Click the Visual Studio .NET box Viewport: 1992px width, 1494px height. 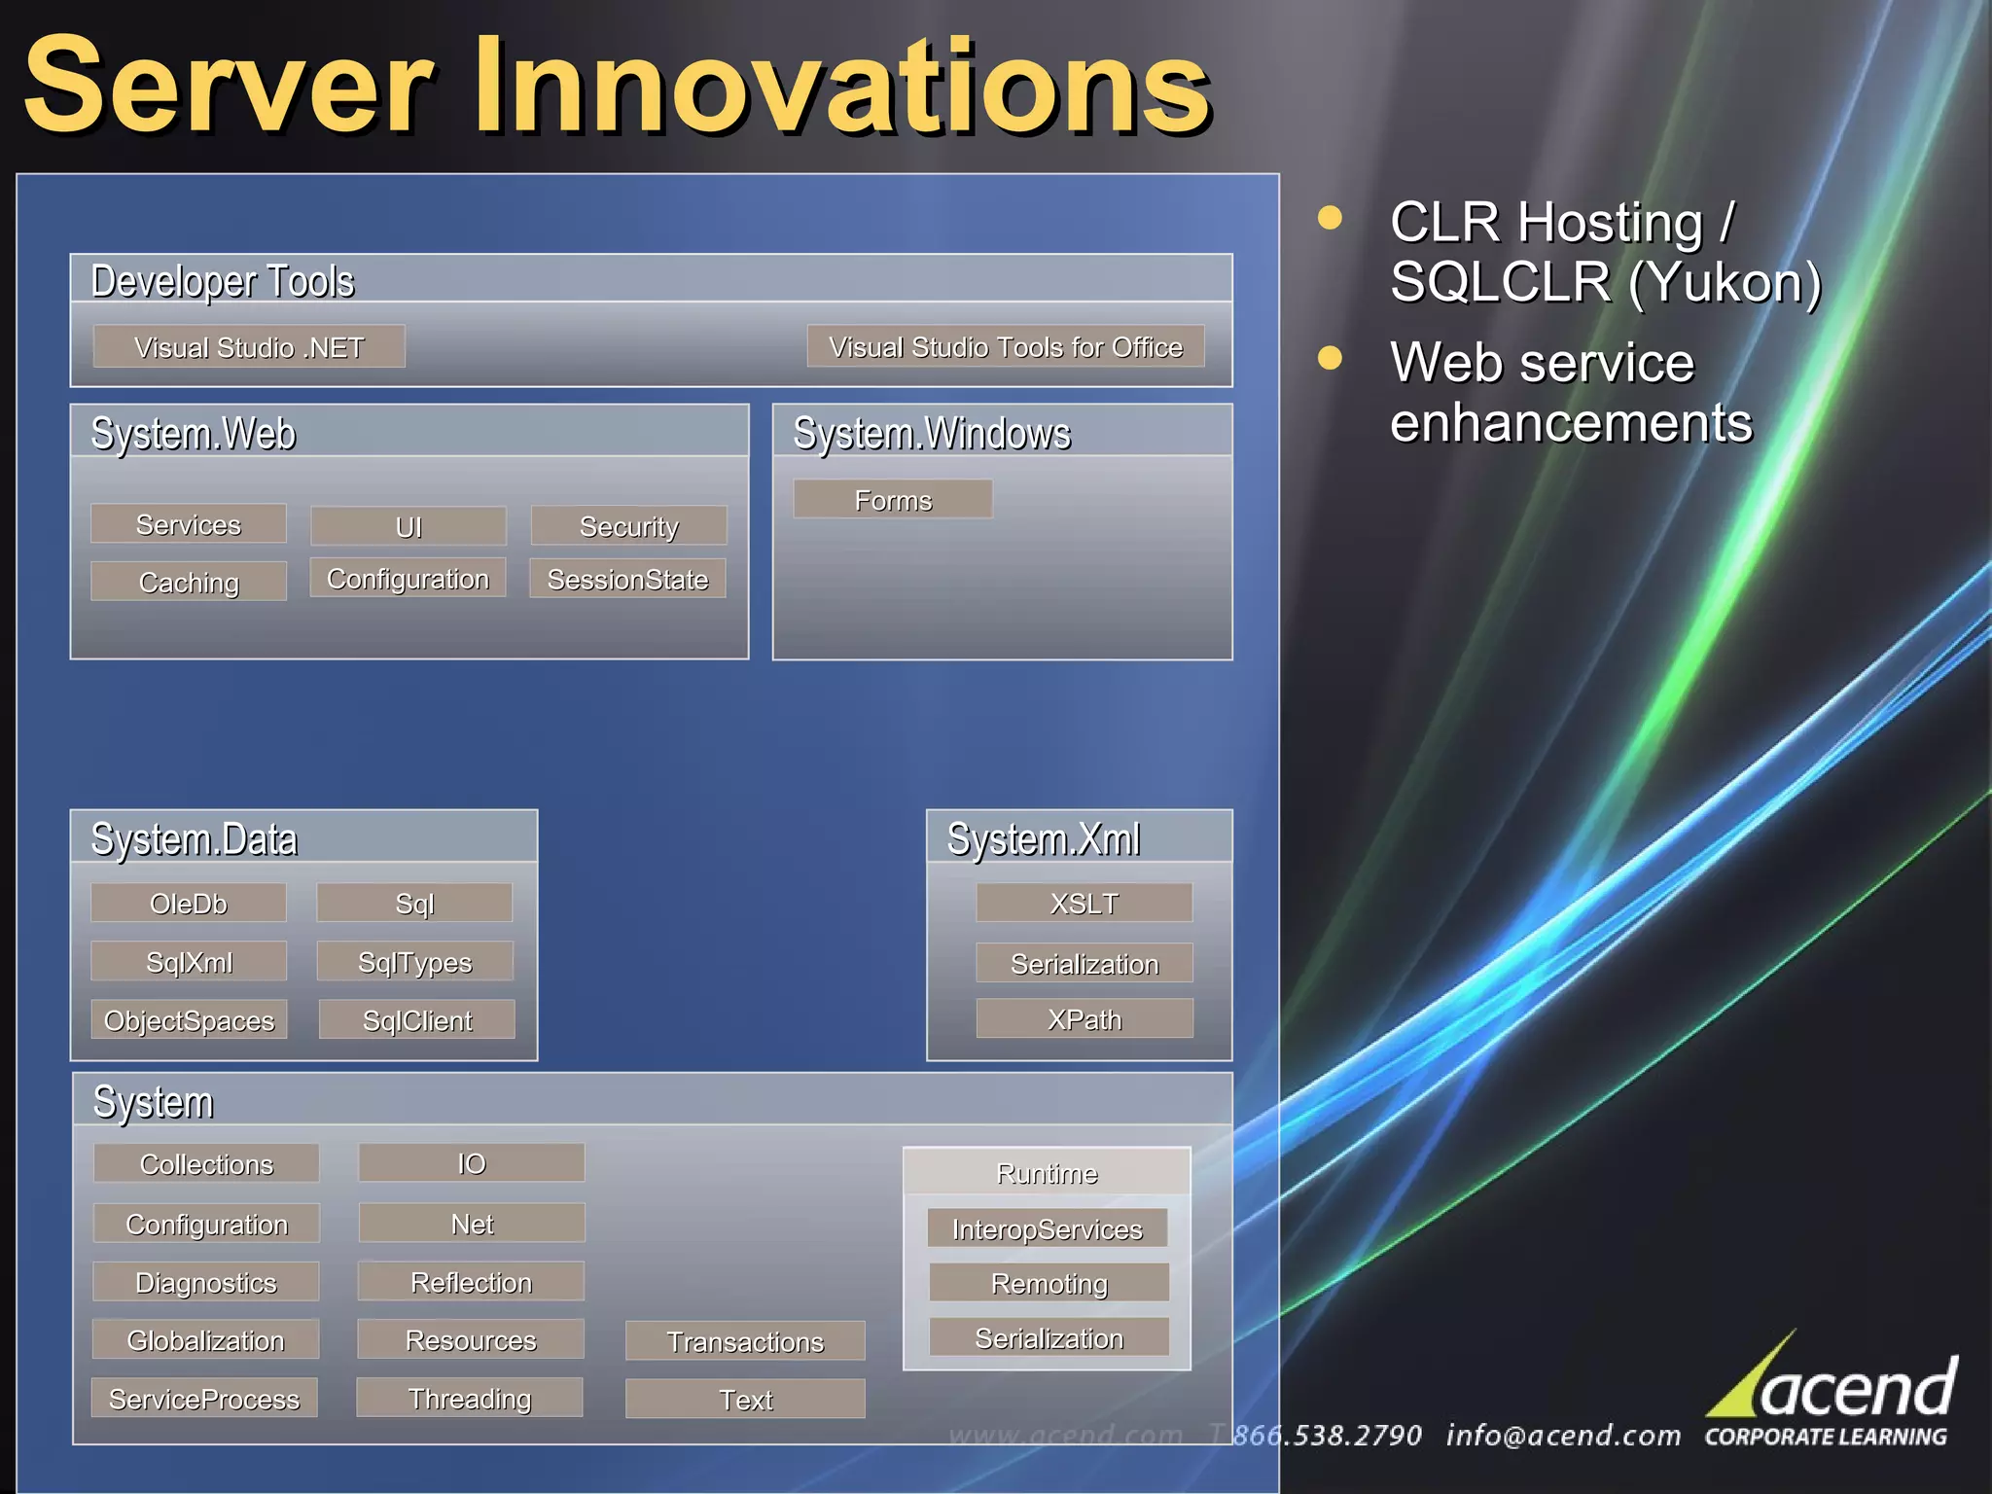(x=249, y=346)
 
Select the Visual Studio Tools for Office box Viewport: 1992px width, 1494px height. (x=1005, y=346)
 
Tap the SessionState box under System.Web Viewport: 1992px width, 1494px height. (x=627, y=579)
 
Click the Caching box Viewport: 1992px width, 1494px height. (x=189, y=582)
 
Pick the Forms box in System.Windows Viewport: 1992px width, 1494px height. (x=893, y=499)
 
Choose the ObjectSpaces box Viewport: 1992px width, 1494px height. (x=189, y=1019)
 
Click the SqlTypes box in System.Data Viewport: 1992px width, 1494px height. (x=414, y=961)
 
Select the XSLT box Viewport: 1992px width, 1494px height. (x=1084, y=903)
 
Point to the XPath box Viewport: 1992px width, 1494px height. (x=1084, y=1018)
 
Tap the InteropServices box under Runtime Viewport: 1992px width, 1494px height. (x=1047, y=1228)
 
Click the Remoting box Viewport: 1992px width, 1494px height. (x=1049, y=1283)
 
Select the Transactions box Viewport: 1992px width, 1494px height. (x=745, y=1341)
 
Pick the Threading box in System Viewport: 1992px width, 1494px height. (x=470, y=1398)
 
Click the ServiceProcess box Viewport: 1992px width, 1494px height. (x=204, y=1398)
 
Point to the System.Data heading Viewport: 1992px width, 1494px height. (x=194, y=838)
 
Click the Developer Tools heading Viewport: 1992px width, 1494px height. (x=222, y=280)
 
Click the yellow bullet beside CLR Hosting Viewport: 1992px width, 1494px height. (x=1330, y=217)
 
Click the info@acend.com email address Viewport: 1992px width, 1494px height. (x=1562, y=1435)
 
